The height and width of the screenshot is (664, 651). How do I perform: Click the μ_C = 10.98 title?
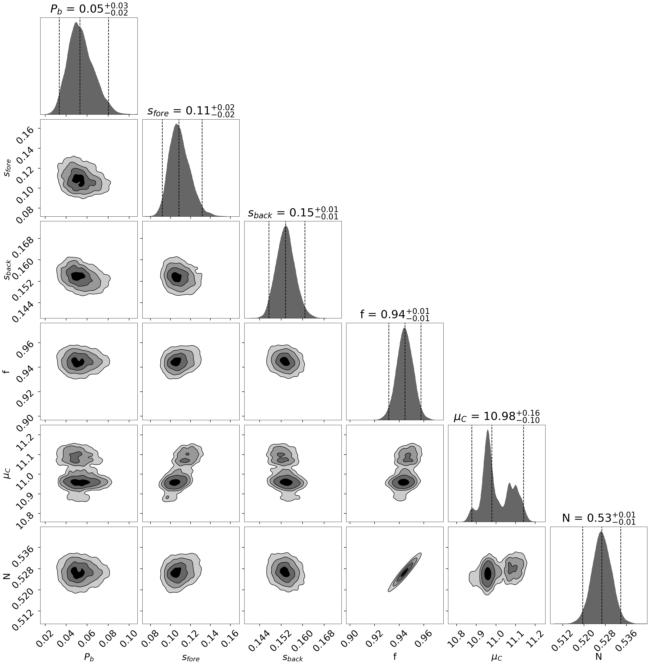(x=496, y=416)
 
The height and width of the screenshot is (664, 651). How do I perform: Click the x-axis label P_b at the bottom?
(x=89, y=657)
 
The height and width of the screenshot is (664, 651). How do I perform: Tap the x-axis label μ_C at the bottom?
(x=496, y=657)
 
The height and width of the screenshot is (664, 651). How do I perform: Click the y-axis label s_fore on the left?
(x=7, y=168)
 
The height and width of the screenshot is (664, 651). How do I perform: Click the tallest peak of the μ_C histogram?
(x=487, y=431)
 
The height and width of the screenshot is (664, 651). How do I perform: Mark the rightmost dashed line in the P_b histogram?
(x=108, y=65)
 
